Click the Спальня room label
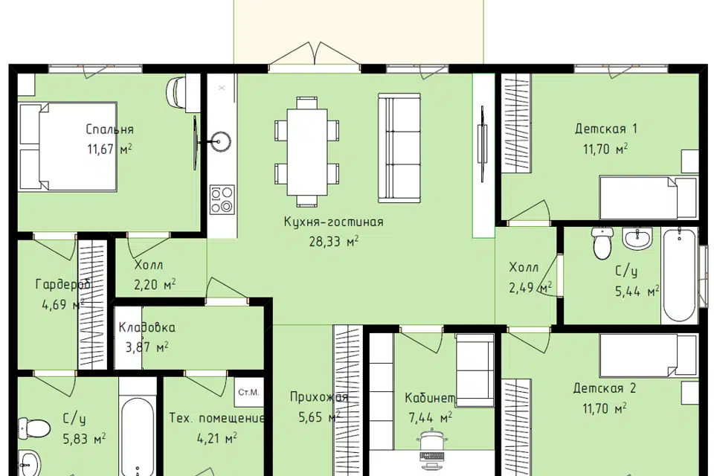110,129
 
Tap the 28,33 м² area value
334,241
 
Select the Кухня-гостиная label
334,222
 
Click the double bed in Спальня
68,147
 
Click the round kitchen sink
220,141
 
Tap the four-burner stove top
222,199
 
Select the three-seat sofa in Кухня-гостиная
399,147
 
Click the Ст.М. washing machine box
248,392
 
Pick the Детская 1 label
605,129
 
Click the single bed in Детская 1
649,198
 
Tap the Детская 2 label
604,388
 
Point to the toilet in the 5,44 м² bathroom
602,242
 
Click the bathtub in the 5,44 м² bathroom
679,276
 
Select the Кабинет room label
430,398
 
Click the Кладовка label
147,327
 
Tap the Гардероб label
62,285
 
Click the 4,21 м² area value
216,438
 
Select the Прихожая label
319,397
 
